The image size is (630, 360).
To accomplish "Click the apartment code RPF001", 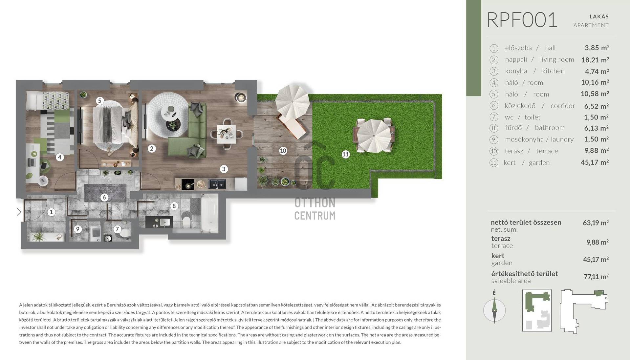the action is pos(522,20).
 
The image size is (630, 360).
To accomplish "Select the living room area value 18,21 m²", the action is pos(595,60).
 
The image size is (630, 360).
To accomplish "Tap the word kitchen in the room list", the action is pos(554,71).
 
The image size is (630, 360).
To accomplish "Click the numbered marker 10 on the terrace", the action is pos(283,151).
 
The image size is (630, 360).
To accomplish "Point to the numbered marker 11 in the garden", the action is pos(345,154).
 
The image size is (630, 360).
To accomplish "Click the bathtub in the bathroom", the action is pos(209,213).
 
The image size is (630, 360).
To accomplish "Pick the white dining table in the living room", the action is pos(227,134).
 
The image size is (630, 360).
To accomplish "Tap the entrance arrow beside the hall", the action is pos(19,212).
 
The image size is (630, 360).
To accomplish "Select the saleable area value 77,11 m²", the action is pos(596,277).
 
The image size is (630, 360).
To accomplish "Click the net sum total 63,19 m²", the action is pos(596,223).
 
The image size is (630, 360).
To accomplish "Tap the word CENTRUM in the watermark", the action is pos(315,216).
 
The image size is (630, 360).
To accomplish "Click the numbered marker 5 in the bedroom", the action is pos(100,101).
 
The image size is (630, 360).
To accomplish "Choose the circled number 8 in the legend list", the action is pos(494,128).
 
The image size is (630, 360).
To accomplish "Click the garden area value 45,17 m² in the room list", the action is pos(595,162).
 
